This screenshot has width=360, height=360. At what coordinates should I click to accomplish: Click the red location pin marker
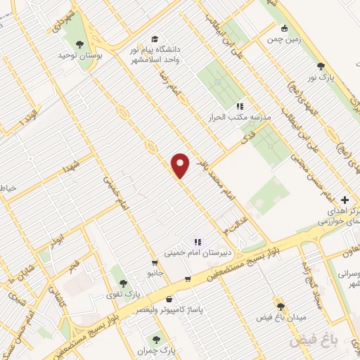(181, 165)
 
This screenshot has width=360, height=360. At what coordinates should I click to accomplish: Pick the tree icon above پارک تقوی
(123, 282)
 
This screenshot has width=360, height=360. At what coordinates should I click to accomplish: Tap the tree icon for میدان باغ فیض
(281, 307)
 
